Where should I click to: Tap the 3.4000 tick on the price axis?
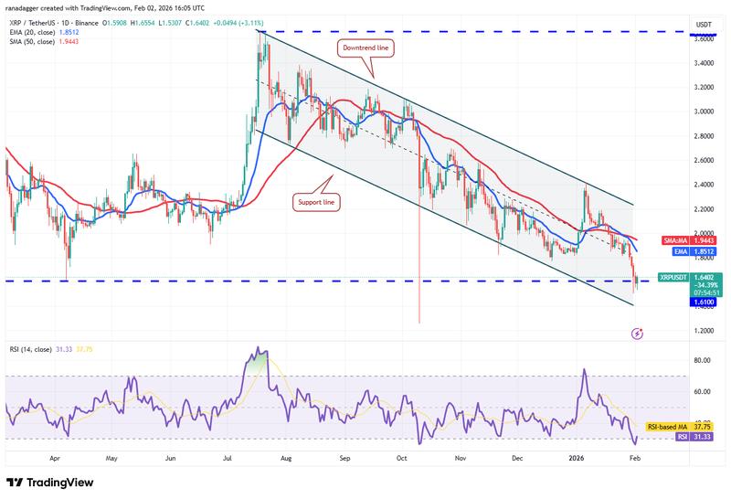[x=704, y=63]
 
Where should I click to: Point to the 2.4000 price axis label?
[x=704, y=185]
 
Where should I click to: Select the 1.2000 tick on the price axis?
[x=704, y=331]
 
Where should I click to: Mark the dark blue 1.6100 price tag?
[x=704, y=303]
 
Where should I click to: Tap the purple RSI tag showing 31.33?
[x=702, y=438]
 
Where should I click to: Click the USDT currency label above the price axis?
[x=704, y=24]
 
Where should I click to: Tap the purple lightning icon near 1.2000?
[x=638, y=334]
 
